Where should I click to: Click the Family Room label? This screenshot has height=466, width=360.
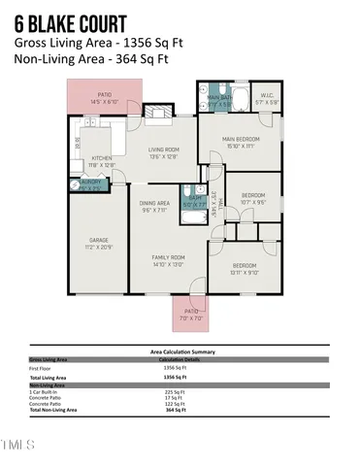coord(168,260)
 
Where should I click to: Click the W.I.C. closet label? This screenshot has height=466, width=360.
coord(267,97)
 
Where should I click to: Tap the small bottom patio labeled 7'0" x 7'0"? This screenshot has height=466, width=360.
coord(191,315)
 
